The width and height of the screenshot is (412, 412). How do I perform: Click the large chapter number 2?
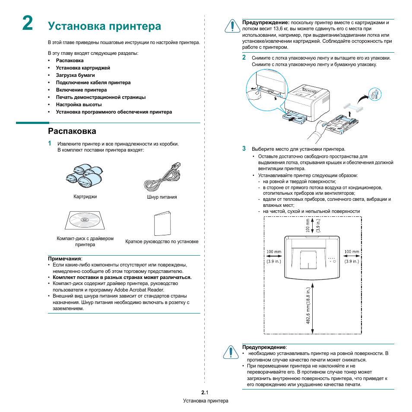pos(28,23)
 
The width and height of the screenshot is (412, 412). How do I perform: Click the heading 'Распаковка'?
pos(72,131)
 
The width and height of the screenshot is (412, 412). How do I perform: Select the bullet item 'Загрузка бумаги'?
pos(75,75)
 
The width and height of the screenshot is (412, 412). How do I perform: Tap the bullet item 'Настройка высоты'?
pos(79,105)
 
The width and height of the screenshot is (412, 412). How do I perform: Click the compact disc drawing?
pos(85,220)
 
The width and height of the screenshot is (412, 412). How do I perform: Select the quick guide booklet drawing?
pos(162,223)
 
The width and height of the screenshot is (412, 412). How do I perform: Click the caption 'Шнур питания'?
pos(162,197)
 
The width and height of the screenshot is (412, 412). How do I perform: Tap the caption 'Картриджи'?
pos(85,196)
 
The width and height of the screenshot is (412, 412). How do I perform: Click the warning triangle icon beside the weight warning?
pos(232,26)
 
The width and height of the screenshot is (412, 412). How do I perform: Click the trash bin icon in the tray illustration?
pos(375,94)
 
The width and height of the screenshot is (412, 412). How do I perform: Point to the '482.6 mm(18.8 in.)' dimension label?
pos(308,305)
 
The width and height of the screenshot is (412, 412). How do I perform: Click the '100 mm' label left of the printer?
pos(274,252)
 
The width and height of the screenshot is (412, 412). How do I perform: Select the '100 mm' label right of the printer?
pos(352,252)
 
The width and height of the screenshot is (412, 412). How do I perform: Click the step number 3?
pos(244,149)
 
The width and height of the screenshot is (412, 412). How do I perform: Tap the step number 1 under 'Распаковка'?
pos(50,143)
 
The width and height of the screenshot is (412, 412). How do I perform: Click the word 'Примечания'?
pos(64,259)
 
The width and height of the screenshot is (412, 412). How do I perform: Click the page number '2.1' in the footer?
pos(205,393)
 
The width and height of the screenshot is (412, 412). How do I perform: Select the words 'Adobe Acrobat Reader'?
pos(139,290)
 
